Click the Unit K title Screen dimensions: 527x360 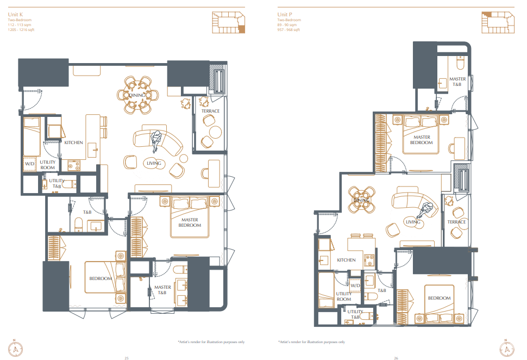pyautogui.click(x=15, y=15)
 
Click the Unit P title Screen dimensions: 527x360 pyautogui.click(x=285, y=15)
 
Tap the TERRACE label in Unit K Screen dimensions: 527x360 pyautogui.click(x=210, y=111)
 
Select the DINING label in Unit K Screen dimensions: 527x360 pyautogui.click(x=137, y=95)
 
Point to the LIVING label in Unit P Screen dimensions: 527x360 pyautogui.click(x=413, y=222)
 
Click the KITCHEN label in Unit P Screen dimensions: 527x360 pyautogui.click(x=346, y=260)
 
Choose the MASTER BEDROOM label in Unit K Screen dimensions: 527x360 pyautogui.click(x=190, y=222)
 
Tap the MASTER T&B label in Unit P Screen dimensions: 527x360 pyautogui.click(x=457, y=82)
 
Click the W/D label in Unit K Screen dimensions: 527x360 pyautogui.click(x=29, y=164)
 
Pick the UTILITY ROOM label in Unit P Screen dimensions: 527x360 pyautogui.click(x=344, y=296)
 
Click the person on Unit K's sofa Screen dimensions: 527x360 pyautogui.click(x=156, y=141)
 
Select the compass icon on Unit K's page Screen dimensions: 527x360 pyautogui.click(x=15, y=349)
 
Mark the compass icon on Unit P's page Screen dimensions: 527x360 pyautogui.click(x=507, y=349)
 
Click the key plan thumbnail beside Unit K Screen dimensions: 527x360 pyautogui.click(x=229, y=22)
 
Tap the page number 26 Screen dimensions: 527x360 pyautogui.click(x=396, y=358)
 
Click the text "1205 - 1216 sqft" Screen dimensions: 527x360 pyautogui.click(x=21, y=29)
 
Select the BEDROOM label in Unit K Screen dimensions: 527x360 pyautogui.click(x=101, y=278)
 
